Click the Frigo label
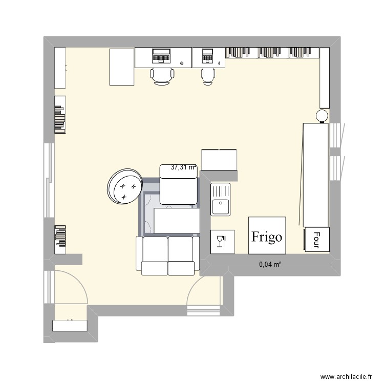click(267, 237)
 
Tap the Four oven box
click(317, 239)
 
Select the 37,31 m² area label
click(184, 167)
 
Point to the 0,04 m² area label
click(270, 264)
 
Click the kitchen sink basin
click(220, 207)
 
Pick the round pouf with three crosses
click(125, 186)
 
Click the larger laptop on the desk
click(161, 55)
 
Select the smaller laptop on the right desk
click(207, 56)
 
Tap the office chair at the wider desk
click(162, 76)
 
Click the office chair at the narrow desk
click(208, 76)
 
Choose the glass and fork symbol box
click(222, 242)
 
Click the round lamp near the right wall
click(322, 116)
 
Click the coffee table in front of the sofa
click(177, 221)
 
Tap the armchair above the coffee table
click(179, 184)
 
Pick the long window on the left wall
click(49, 180)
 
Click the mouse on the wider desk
click(182, 63)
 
